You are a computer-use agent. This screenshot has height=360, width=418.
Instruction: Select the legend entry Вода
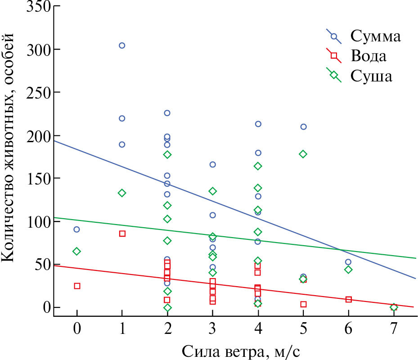(369, 56)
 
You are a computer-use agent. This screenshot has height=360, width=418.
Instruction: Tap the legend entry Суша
(372, 76)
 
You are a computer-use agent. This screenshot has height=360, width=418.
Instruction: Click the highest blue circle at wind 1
(122, 45)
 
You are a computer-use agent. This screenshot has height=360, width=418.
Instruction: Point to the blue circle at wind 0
(77, 229)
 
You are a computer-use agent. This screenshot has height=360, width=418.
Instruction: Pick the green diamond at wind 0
(77, 251)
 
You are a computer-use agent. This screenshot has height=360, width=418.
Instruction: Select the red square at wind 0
(77, 286)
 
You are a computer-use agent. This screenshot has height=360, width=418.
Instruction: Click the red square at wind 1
(122, 234)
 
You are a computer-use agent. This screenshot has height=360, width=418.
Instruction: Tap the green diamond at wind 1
(122, 193)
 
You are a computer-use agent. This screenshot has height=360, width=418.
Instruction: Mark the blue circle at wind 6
(348, 262)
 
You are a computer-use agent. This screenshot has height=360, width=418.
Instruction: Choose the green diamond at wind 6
(348, 270)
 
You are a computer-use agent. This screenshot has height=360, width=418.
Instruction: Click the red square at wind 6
(348, 299)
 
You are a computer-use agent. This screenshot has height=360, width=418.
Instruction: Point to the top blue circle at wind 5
(303, 127)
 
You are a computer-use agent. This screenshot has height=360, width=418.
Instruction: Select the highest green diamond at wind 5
(303, 154)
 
